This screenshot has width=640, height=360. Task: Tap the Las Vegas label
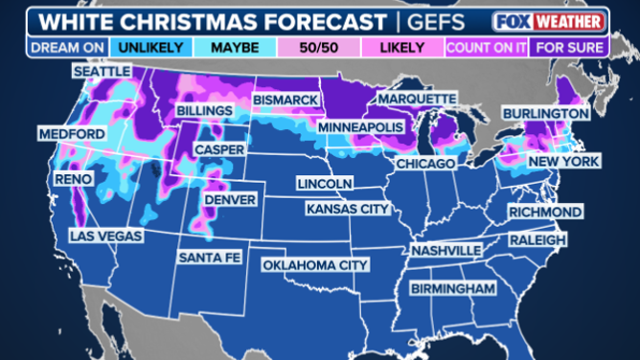pyautogui.click(x=106, y=235)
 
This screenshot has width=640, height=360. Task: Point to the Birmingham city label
pyautogui.click(x=452, y=288)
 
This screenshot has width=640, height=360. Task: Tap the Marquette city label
pyautogui.click(x=417, y=99)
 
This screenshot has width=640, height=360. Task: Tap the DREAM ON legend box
pyautogui.click(x=60, y=46)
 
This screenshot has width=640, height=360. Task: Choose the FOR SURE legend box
pyautogui.click(x=571, y=46)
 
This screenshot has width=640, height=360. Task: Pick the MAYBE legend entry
pyautogui.click(x=229, y=46)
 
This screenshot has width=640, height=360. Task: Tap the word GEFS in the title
pyautogui.click(x=437, y=21)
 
